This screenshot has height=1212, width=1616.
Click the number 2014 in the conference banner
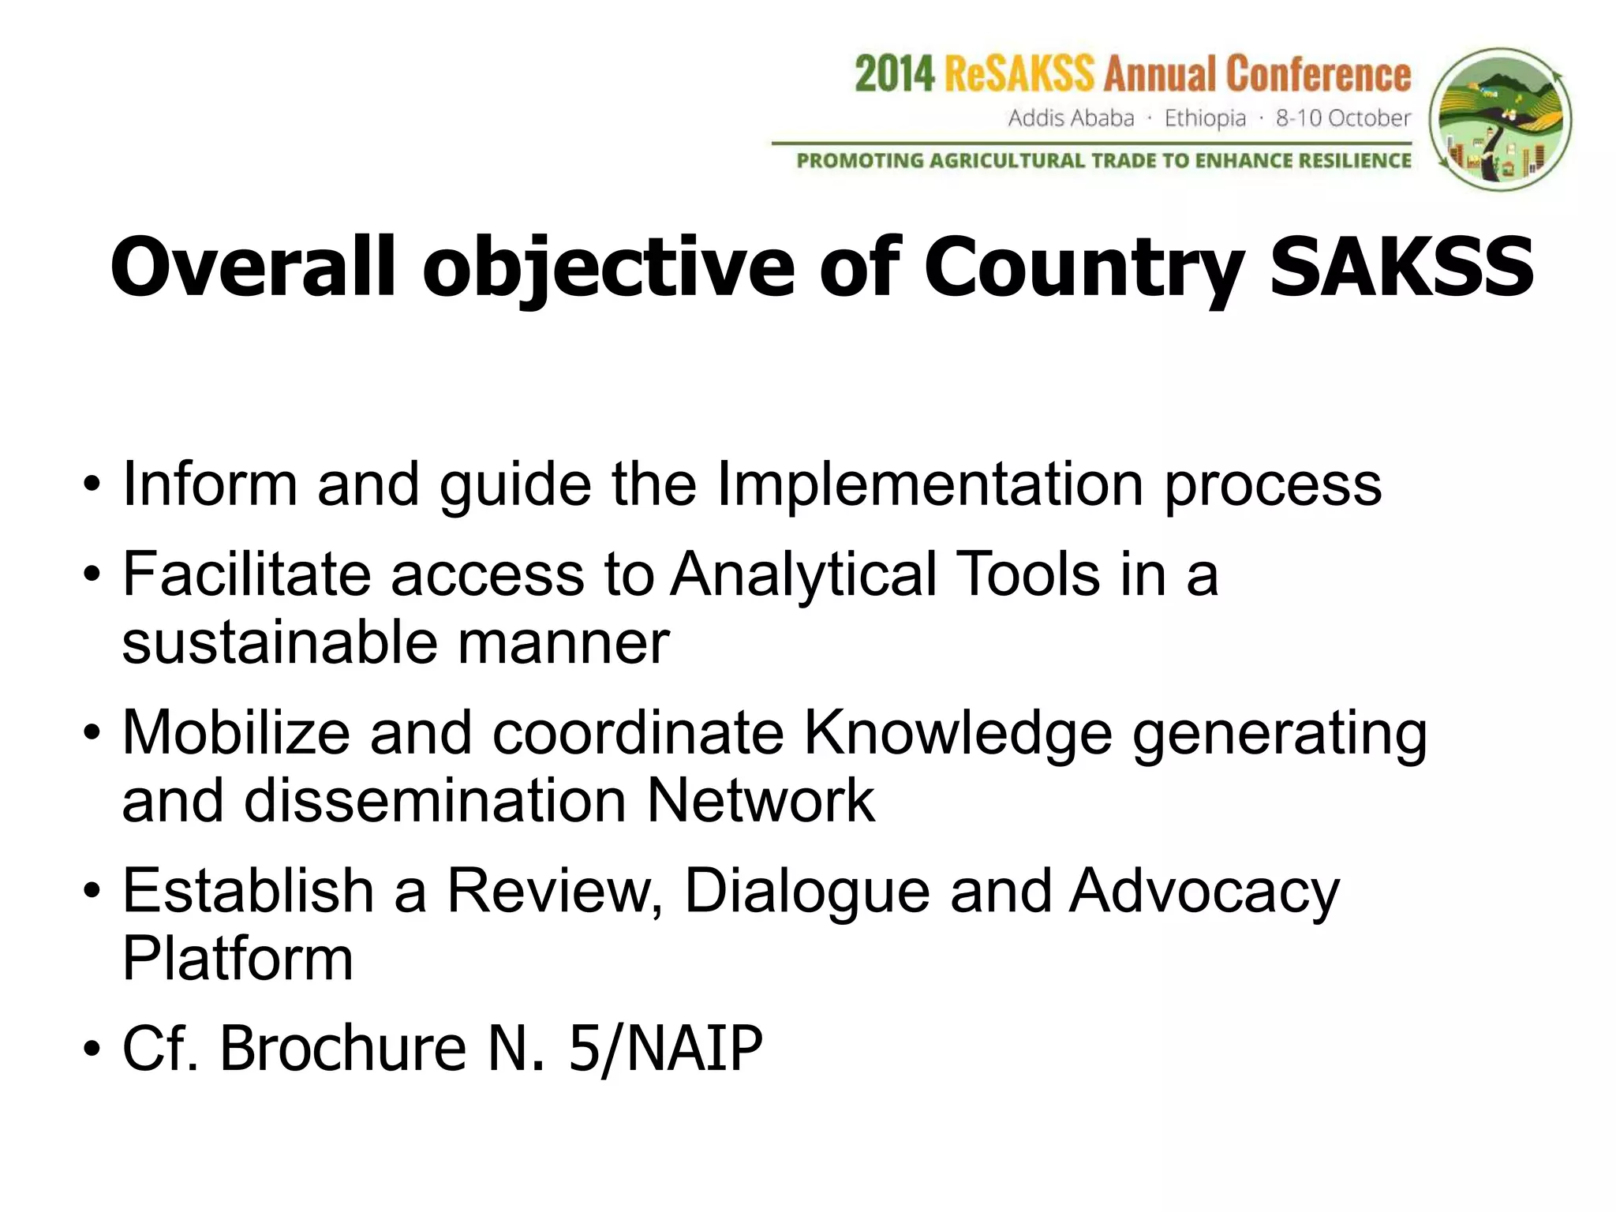[x=895, y=75]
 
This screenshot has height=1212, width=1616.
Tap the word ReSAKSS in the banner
[x=1019, y=75]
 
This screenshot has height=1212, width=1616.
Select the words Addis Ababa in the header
[x=1071, y=118]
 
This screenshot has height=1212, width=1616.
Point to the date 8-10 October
[x=1343, y=118]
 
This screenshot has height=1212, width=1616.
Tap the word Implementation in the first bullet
[x=930, y=484]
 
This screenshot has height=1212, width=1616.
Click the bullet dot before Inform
[x=93, y=485]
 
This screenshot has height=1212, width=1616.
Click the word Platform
[x=238, y=959]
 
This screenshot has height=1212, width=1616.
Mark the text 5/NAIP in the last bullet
[x=665, y=1049]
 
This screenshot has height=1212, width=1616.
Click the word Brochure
[x=342, y=1049]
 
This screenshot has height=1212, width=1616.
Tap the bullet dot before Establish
[x=93, y=892]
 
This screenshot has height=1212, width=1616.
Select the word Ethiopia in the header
[x=1205, y=118]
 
